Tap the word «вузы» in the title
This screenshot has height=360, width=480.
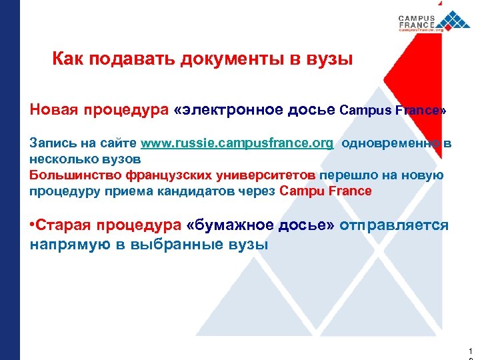point(329,60)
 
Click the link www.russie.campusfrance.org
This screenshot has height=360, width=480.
point(237,143)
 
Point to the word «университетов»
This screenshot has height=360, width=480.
point(262,175)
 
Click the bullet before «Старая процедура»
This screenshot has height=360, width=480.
point(33,225)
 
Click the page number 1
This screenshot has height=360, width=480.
point(471,350)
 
